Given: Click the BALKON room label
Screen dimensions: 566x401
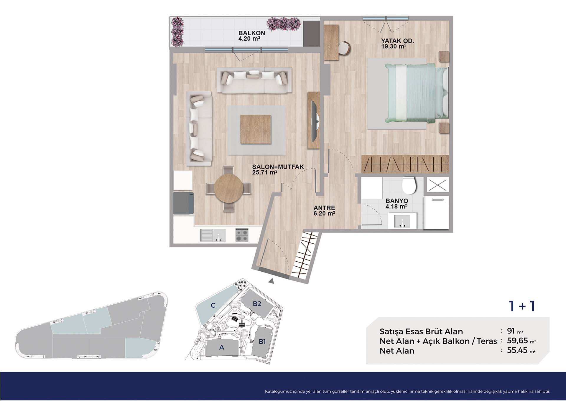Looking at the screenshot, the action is tap(252, 33).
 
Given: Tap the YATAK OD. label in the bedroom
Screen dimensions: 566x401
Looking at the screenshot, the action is tap(397, 41).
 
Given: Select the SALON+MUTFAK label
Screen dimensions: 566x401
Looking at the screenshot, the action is tap(278, 167).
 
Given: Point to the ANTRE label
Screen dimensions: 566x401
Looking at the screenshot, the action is tap(324, 208).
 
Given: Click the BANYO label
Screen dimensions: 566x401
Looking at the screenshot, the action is tap(397, 201).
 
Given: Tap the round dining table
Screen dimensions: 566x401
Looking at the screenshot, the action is tap(229, 188).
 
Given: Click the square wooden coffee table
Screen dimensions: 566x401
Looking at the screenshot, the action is tap(255, 129).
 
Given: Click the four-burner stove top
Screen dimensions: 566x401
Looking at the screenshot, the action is tap(242, 235).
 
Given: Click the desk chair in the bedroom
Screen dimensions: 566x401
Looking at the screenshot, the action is tap(344, 48).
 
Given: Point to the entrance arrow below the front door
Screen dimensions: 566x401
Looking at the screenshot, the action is tap(272, 281).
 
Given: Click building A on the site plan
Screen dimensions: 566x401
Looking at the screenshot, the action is tap(222, 348).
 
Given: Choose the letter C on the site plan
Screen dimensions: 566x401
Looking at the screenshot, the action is tap(213, 305).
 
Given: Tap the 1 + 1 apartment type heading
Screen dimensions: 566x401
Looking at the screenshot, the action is tap(522, 306).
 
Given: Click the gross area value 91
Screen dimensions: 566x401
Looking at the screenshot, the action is tap(511, 331).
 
